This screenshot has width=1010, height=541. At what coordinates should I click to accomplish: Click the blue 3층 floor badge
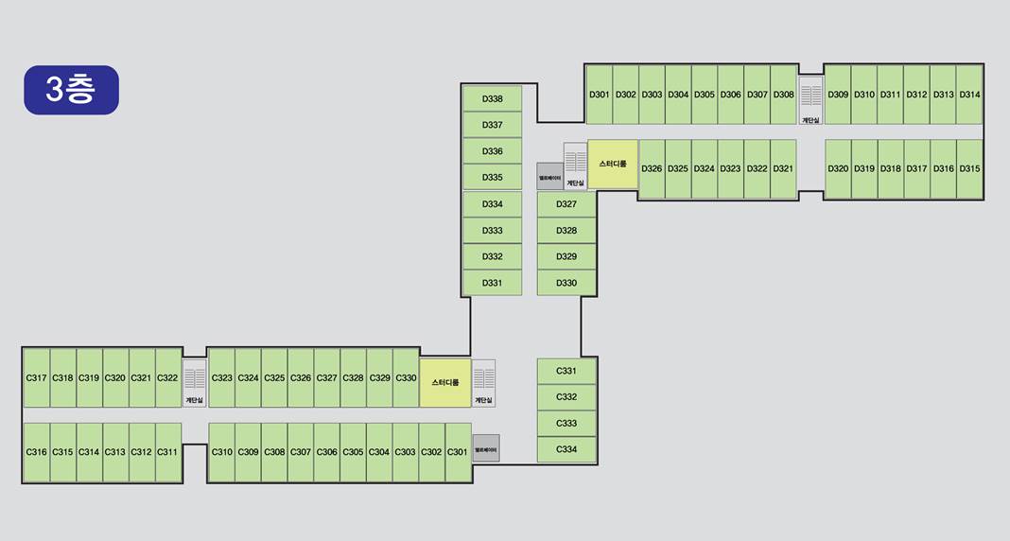tap(71, 90)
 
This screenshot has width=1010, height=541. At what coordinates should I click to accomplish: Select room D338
tap(492, 98)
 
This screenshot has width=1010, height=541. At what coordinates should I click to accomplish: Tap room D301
tap(599, 95)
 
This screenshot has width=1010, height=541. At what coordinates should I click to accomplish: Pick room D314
tap(969, 95)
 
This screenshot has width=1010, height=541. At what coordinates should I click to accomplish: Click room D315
tap(969, 168)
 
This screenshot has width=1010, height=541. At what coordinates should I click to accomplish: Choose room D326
tap(652, 168)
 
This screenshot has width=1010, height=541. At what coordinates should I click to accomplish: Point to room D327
tap(566, 204)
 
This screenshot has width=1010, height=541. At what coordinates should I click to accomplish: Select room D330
tap(566, 283)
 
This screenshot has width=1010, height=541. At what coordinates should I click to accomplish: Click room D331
tap(492, 283)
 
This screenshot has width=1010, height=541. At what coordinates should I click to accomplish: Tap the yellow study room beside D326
tap(613, 164)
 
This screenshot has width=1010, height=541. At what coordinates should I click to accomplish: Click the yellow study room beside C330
tap(444, 383)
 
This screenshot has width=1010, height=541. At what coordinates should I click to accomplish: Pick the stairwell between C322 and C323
tap(194, 383)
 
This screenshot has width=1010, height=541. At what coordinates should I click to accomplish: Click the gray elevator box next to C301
tap(486, 448)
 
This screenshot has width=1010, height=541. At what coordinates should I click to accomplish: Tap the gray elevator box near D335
tap(549, 177)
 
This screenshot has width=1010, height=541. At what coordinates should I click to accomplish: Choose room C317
tap(36, 377)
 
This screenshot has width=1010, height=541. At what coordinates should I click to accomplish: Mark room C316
tap(36, 452)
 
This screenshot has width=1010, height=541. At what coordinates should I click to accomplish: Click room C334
tap(566, 449)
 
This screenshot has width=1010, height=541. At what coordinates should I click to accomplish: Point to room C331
tap(566, 371)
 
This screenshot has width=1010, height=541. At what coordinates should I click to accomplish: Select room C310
tap(221, 452)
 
